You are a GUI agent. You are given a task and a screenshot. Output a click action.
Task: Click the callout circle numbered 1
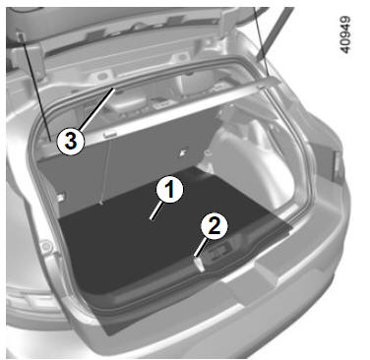tap(169, 190)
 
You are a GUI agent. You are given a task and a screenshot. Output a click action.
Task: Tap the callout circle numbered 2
tap(214, 226)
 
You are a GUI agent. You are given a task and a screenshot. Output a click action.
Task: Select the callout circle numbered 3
tap(71, 142)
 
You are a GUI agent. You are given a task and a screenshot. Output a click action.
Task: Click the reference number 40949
tap(345, 34)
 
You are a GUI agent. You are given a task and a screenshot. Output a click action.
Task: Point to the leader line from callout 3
tap(97, 108)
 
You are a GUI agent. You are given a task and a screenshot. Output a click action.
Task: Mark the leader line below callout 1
tap(155, 210)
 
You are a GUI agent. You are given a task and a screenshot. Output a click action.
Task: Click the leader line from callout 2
tap(200, 247)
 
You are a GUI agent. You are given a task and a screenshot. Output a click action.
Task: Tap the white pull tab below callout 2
tap(199, 264)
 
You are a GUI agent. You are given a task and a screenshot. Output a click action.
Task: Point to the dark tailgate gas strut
tap(275, 32)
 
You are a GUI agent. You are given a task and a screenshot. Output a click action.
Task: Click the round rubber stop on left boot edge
tap(45, 245)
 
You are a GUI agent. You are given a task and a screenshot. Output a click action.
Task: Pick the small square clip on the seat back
tap(183, 152)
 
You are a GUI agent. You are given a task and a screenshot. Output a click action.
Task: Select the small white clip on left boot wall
tap(61, 197)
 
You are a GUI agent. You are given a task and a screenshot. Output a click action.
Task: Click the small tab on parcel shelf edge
tap(109, 134)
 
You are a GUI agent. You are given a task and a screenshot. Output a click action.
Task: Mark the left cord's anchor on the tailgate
tap(21, 36)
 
